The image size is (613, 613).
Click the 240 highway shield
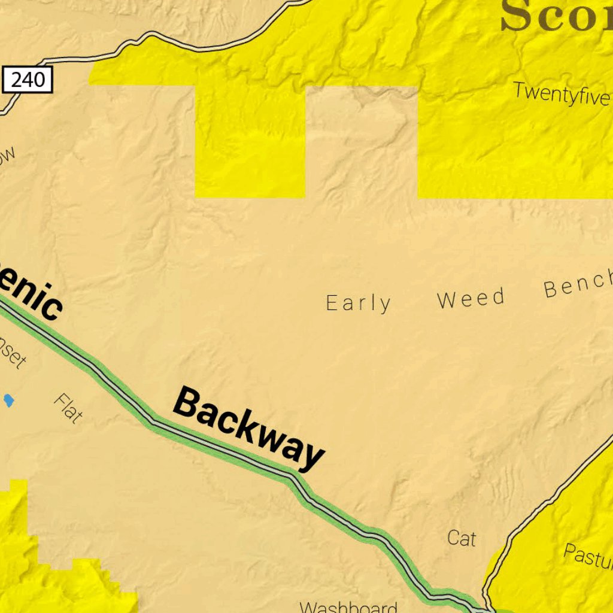pos(28,80)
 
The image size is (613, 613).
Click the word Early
pos(359,304)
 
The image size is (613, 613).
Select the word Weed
pos(471,299)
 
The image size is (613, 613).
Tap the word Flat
pos(68,408)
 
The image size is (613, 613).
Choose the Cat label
pos(462,538)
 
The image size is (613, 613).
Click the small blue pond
pos(8,400)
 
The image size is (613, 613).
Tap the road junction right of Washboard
pos(486,609)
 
